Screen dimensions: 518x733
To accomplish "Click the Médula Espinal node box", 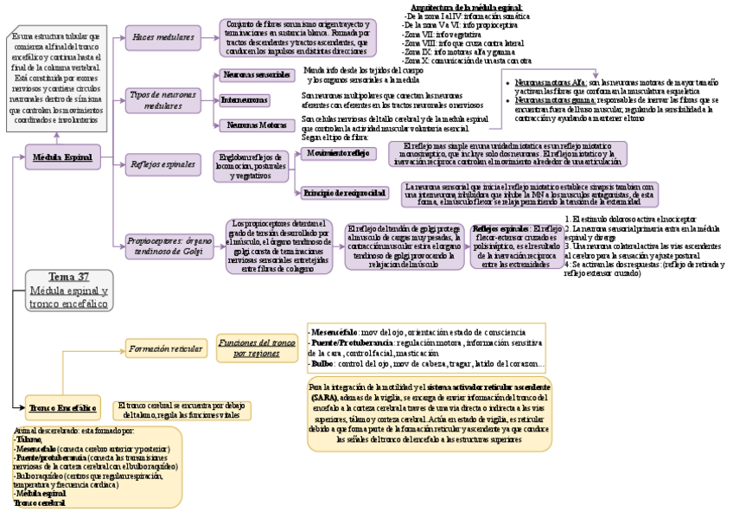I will (x=62, y=158).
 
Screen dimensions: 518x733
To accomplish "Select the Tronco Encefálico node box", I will (x=61, y=406).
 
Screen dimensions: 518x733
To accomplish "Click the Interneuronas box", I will (x=244, y=100).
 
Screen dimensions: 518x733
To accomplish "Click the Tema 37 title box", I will (x=68, y=285).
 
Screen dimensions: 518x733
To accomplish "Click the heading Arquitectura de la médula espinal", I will (x=466, y=7).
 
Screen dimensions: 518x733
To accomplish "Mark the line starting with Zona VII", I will (x=442, y=35).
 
